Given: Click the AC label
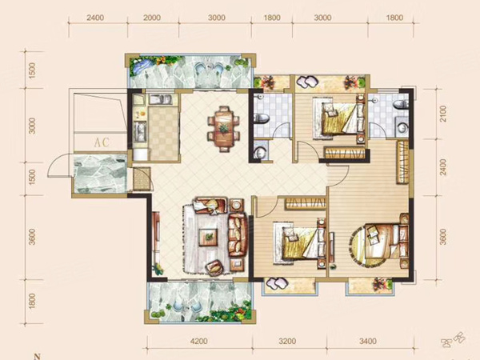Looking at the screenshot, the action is (x=102, y=142).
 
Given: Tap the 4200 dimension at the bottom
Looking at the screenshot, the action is (x=199, y=341).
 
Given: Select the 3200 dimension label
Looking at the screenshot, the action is (x=288, y=341).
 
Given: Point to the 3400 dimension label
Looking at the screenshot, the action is (x=368, y=341).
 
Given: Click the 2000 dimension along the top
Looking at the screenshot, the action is (x=152, y=18).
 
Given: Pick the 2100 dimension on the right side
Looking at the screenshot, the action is (x=443, y=114).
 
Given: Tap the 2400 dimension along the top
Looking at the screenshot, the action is (x=95, y=18).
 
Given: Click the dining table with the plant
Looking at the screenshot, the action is (x=224, y=129).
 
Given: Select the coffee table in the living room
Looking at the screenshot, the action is (x=208, y=237).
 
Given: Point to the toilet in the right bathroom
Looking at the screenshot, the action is (x=402, y=104).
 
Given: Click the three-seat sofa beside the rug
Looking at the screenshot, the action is (x=238, y=234).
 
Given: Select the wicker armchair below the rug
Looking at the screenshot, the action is (x=214, y=267).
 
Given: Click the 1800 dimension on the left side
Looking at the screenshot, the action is (x=32, y=302).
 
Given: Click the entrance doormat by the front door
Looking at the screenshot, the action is (x=142, y=178).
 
